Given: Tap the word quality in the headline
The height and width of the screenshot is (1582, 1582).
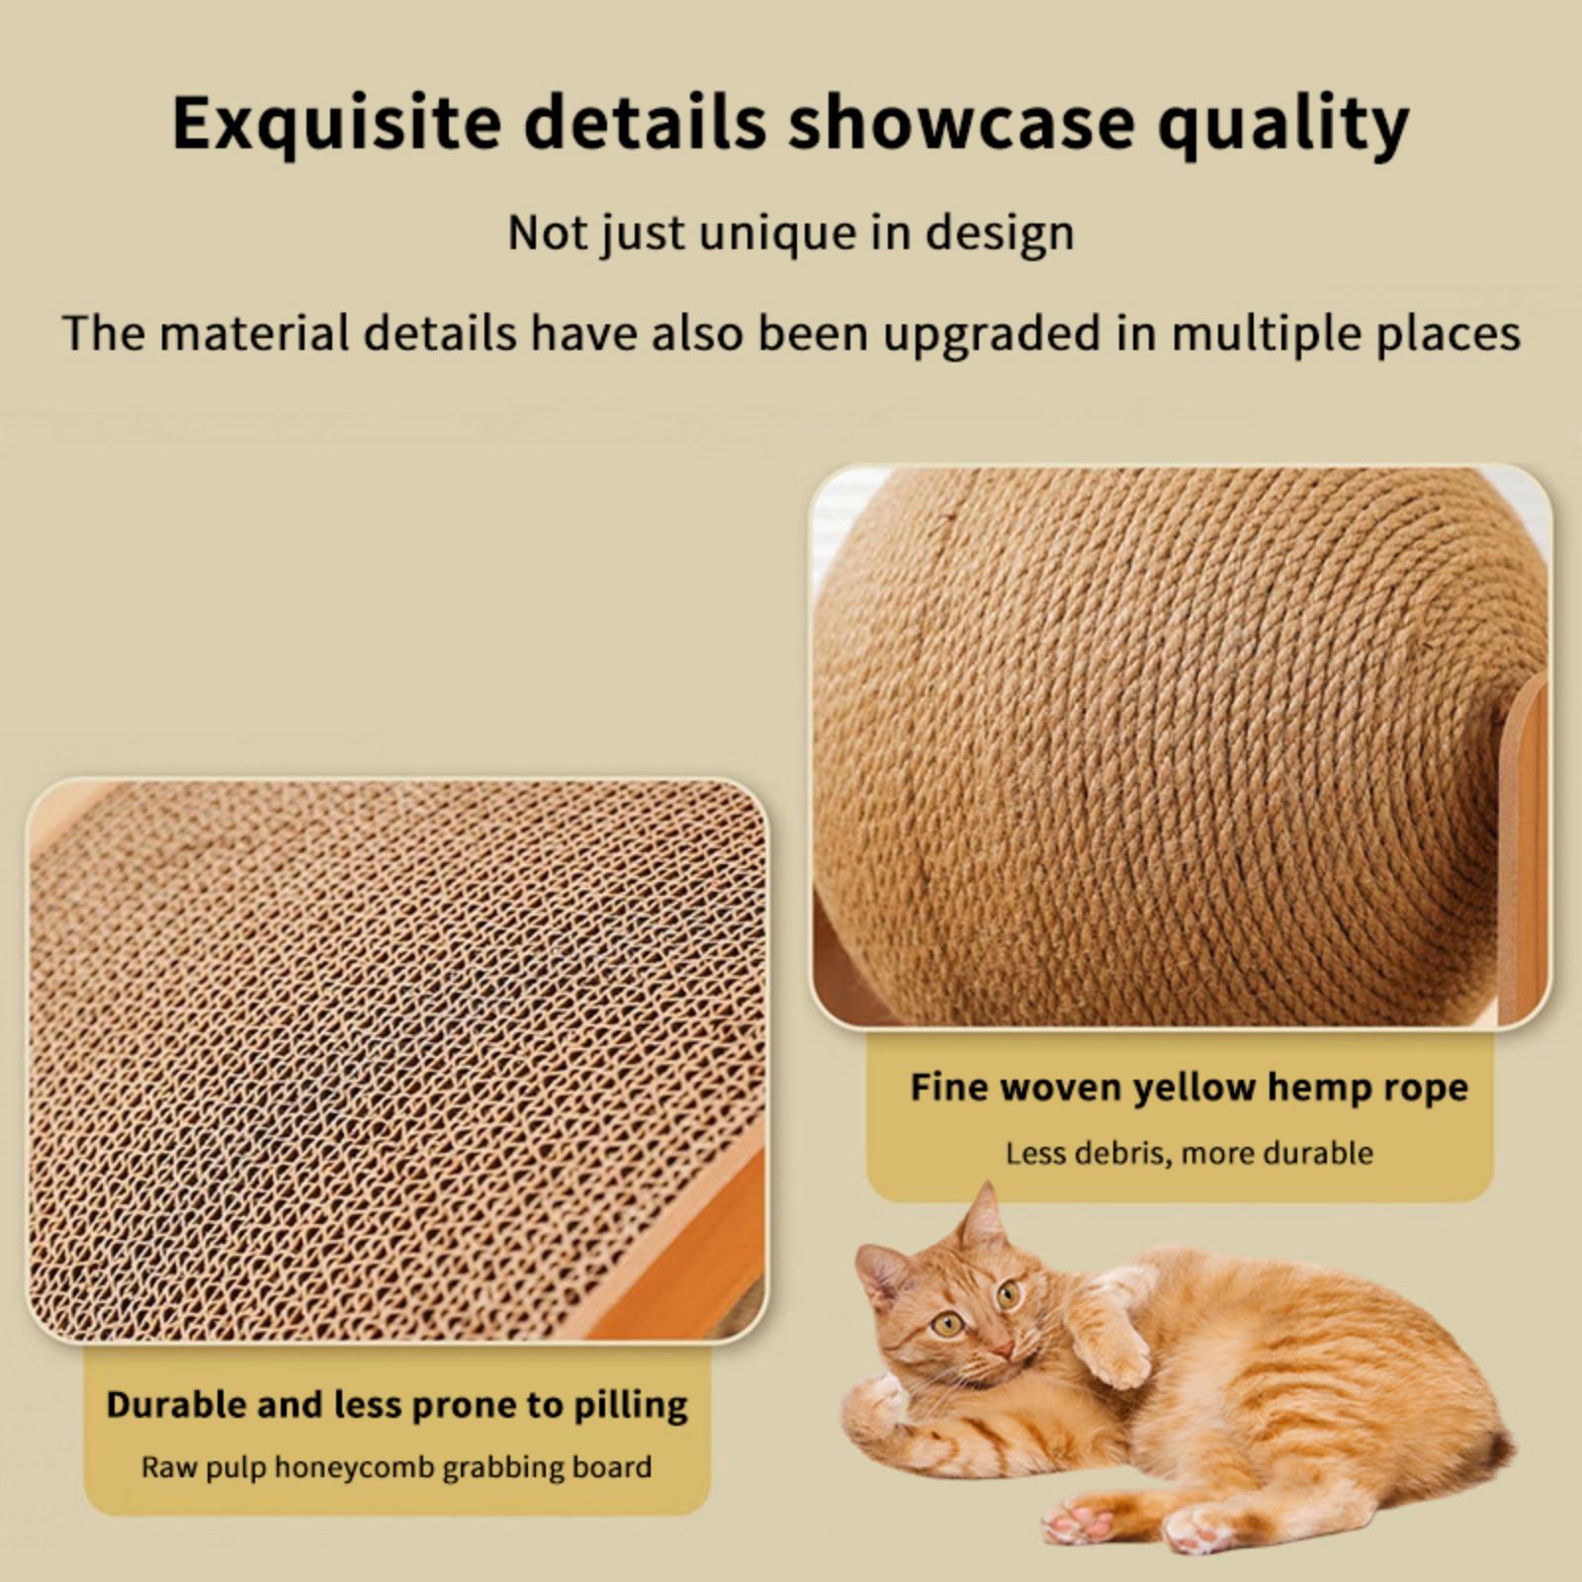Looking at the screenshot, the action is tap(1283, 125).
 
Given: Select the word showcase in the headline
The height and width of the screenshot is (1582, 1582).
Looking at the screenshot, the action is tap(961, 123).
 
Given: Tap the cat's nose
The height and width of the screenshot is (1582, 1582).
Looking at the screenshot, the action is tap(1002, 1350).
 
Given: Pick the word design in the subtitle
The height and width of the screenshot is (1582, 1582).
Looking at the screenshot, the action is tap(1000, 234).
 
